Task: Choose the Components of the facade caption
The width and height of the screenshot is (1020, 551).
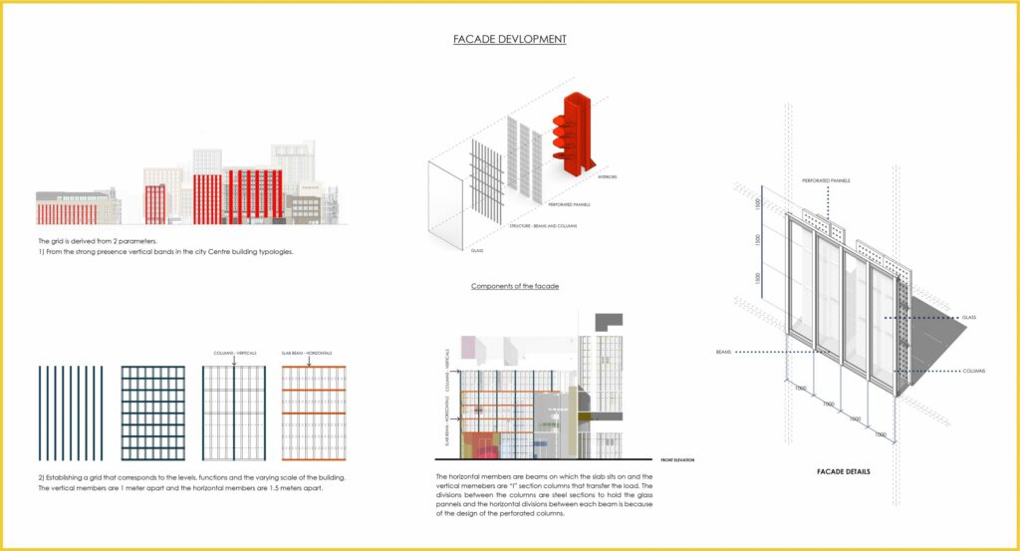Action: (515, 286)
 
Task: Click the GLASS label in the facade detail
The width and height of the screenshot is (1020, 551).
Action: (968, 318)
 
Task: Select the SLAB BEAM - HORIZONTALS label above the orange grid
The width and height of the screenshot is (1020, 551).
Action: (311, 353)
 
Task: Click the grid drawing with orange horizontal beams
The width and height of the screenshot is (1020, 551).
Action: (311, 413)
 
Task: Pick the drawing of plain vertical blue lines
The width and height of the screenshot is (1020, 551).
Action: (71, 413)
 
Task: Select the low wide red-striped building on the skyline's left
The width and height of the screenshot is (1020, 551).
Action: (68, 212)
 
